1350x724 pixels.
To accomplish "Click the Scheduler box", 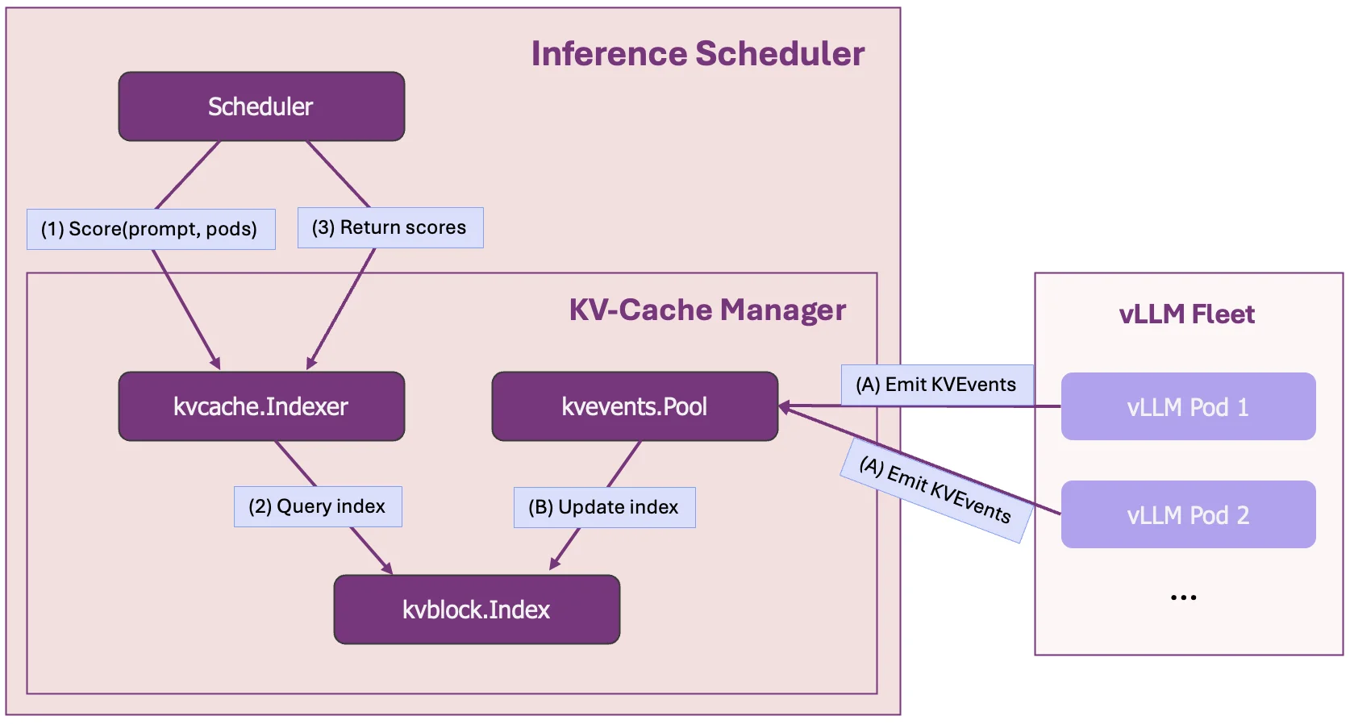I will tap(261, 106).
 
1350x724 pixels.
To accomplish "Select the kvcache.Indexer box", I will tap(261, 406).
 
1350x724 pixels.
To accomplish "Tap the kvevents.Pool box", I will tap(635, 406).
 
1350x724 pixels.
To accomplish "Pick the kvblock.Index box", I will tap(477, 610).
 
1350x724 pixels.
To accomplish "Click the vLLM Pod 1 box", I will tap(1188, 406).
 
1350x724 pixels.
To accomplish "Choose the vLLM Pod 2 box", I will tap(1188, 514).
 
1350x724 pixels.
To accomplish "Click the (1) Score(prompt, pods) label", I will tap(151, 229).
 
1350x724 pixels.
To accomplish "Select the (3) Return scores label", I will tap(390, 227).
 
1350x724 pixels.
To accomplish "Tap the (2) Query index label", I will tap(318, 506).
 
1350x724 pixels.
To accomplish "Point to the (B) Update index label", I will tap(604, 507).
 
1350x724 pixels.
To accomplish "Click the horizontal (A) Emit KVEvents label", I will tap(936, 385).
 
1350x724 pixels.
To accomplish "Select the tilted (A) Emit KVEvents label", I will tap(935, 490).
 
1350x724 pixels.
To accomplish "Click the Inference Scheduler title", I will tap(698, 54).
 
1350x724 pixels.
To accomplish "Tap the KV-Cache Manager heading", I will tap(707, 310).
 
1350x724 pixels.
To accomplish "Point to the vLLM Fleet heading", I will tap(1186, 314).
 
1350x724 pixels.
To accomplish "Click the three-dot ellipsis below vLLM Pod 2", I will tap(1183, 597).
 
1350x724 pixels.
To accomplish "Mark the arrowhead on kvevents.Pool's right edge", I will tap(785, 407).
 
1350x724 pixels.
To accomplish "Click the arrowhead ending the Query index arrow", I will tap(387, 568).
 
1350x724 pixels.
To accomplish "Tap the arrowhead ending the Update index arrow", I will tap(555, 564).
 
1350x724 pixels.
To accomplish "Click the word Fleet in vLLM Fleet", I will tap(1223, 314).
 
